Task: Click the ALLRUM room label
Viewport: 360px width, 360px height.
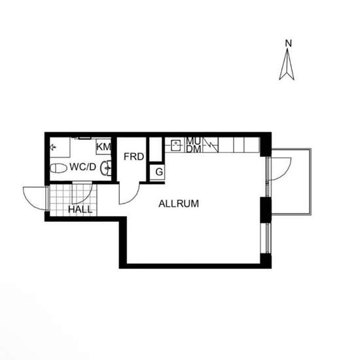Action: (x=179, y=204)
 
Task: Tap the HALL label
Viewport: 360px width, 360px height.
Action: (x=81, y=209)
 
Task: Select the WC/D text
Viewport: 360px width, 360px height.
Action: (x=82, y=167)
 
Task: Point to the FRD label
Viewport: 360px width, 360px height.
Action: (x=134, y=156)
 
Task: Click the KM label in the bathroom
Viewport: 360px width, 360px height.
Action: (x=104, y=147)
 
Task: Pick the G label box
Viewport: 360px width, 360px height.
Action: (x=159, y=171)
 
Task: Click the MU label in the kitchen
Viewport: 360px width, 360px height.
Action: (x=194, y=141)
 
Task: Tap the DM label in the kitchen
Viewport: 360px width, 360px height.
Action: (x=194, y=149)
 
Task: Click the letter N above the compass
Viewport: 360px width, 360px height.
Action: (x=289, y=43)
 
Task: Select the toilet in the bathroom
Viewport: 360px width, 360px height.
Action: (x=58, y=168)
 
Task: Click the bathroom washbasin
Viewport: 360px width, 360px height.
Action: (x=106, y=168)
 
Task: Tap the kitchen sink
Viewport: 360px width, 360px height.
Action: (x=177, y=145)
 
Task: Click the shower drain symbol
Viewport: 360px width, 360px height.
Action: (x=53, y=147)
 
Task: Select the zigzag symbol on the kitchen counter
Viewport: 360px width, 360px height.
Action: (x=211, y=145)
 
